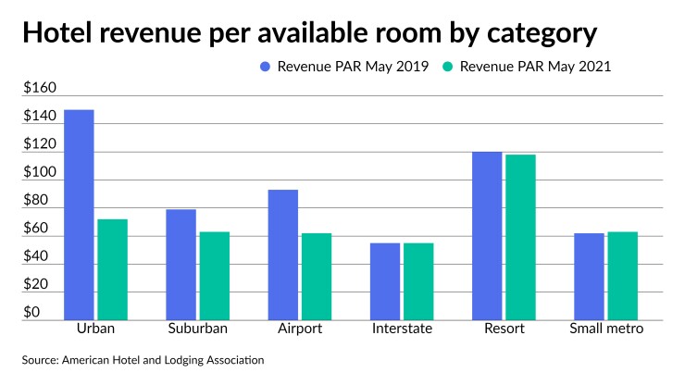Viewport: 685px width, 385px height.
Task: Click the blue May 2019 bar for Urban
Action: (x=79, y=215)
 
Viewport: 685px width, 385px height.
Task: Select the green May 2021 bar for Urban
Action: (x=112, y=269)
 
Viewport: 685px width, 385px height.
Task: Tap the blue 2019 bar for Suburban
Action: (x=181, y=265)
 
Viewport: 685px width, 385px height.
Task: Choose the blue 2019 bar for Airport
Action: (x=282, y=255)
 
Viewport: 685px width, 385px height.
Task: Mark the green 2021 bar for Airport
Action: (x=316, y=276)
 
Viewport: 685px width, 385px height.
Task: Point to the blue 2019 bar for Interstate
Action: (x=385, y=281)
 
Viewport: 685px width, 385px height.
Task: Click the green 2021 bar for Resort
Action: (x=520, y=237)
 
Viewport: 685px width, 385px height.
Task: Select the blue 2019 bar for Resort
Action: (x=487, y=236)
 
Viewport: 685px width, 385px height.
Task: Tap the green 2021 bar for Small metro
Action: (x=622, y=276)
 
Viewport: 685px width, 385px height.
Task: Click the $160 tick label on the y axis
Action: (x=40, y=89)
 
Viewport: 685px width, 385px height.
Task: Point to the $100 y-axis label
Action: (x=40, y=173)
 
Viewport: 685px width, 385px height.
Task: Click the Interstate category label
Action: (x=402, y=329)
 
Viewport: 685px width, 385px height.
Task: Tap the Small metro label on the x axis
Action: (x=606, y=329)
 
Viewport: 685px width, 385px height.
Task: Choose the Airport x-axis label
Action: (x=300, y=329)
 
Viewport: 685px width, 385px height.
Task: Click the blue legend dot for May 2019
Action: (x=266, y=67)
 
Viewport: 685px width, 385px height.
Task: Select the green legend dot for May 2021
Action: (x=447, y=67)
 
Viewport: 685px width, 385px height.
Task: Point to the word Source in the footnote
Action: (x=42, y=359)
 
